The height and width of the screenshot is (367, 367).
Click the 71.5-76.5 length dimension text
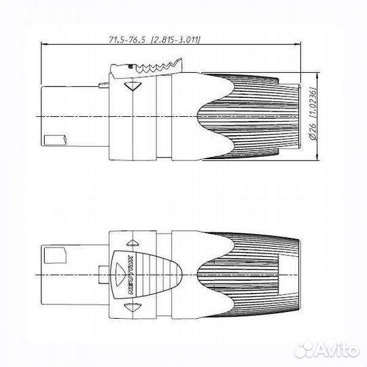127,39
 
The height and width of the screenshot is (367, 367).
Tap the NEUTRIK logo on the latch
131,275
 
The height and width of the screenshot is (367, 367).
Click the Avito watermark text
336,350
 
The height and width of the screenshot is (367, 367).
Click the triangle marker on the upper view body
133,86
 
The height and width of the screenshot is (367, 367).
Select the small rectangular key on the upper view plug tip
56,141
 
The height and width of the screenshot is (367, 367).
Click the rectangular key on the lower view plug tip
55,255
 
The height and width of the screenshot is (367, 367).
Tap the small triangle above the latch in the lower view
133,243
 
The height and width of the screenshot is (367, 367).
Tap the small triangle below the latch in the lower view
133,307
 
